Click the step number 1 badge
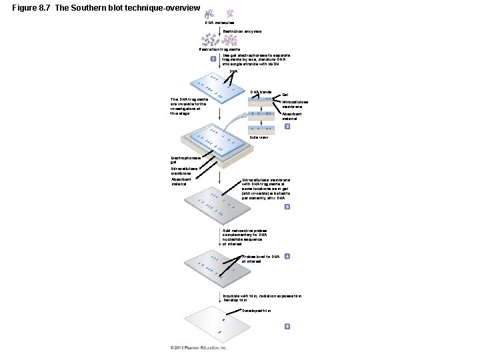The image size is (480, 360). point(212,59)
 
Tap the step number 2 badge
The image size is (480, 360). point(287,126)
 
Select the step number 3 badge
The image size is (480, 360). point(287,207)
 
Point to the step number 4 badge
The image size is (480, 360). point(287,256)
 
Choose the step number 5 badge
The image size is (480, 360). point(287,326)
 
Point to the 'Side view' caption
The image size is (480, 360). point(259,137)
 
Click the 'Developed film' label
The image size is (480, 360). point(257,310)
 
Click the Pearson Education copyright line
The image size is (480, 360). point(198,347)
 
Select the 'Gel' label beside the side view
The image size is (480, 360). point(286,95)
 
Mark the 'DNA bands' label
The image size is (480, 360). point(261,91)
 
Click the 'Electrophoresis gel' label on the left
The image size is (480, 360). point(185,160)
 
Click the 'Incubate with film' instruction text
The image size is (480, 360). point(267,297)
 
